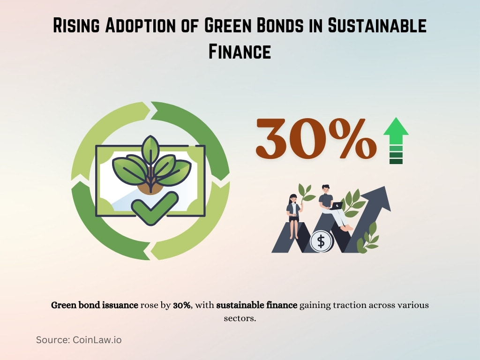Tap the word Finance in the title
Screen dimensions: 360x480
tap(240, 51)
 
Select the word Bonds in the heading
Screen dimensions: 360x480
tap(262, 26)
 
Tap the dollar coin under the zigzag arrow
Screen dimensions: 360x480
tap(321, 241)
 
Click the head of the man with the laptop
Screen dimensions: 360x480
tap(327, 190)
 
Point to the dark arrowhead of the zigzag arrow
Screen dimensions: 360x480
tap(381, 197)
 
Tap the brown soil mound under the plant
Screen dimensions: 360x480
tap(150, 186)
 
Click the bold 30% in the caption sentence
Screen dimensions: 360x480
tap(182, 305)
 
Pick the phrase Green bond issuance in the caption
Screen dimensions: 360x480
tap(94, 305)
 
